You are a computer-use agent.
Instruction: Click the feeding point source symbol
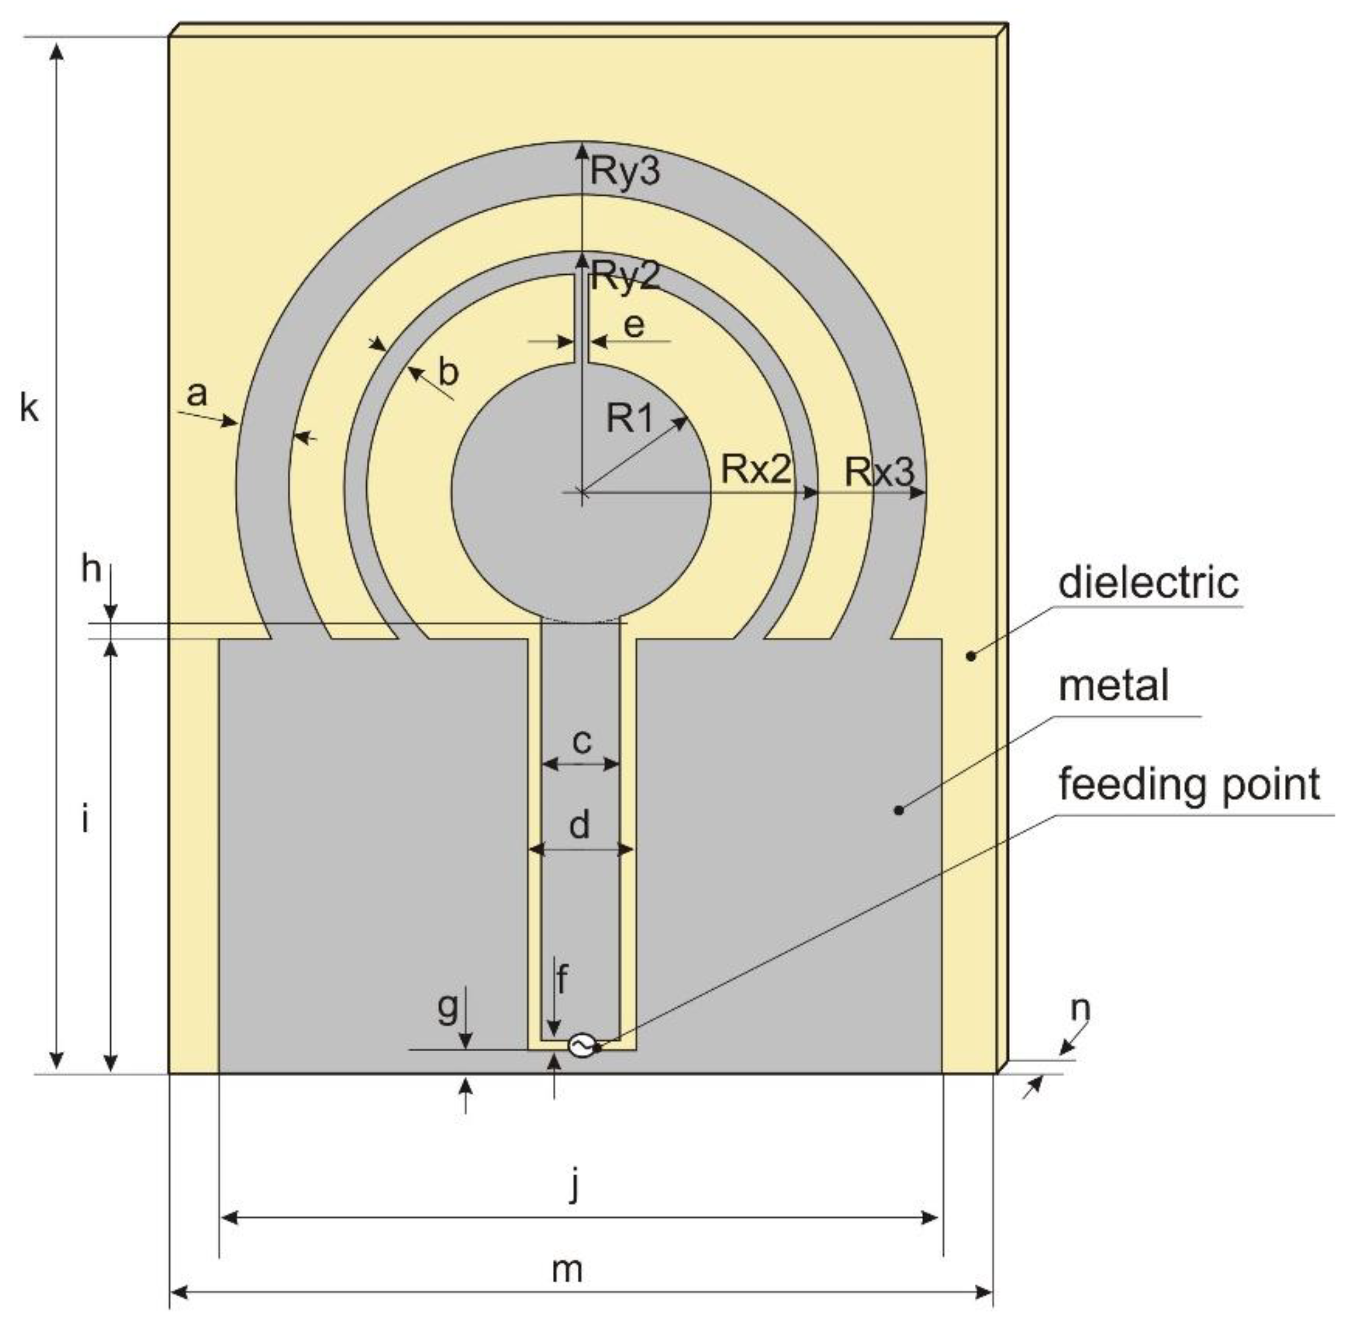(581, 1046)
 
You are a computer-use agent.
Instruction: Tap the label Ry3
(624, 171)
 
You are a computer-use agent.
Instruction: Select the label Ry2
(624, 277)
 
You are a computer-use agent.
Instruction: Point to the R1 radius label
(630, 418)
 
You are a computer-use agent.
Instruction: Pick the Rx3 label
(879, 473)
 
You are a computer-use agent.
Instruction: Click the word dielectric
(1148, 582)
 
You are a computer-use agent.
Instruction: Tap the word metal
(1114, 685)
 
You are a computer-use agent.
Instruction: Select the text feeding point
(1189, 785)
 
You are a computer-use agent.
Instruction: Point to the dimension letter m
(567, 1270)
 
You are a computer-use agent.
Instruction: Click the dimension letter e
(634, 326)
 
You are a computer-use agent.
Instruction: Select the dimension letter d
(580, 825)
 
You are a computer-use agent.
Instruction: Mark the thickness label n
(1080, 1008)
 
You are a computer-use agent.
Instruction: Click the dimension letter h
(91, 569)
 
